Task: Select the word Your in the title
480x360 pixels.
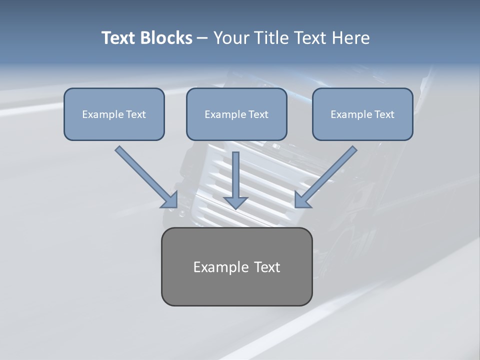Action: pos(231,38)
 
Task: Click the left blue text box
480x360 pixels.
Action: pos(114,114)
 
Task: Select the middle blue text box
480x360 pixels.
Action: pos(236,114)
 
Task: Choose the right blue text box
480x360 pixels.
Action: pos(362,114)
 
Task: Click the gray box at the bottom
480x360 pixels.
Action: pos(236,266)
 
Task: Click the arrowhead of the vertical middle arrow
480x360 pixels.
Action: pos(236,202)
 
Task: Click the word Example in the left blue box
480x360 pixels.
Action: pos(102,114)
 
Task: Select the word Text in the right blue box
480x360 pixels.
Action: pos(384,114)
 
